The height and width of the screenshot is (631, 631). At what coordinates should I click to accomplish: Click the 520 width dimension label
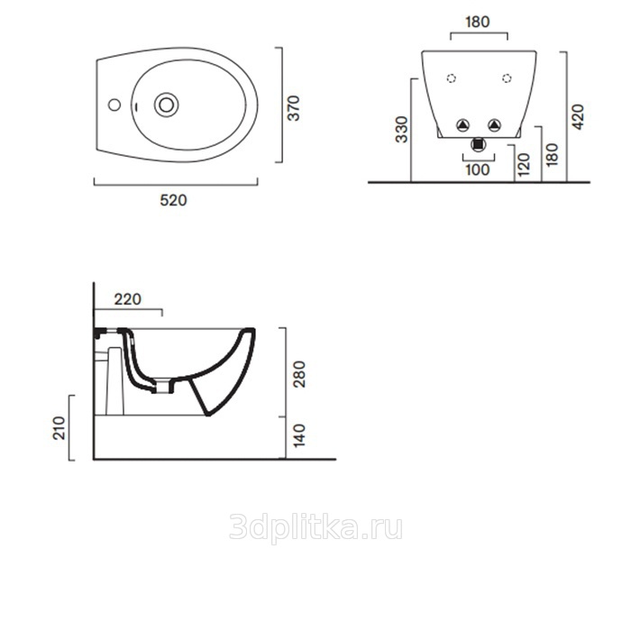pos(173,200)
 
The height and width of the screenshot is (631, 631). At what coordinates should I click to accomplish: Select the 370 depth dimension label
pos(294,108)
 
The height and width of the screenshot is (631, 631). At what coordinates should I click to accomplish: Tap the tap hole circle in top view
pos(114,105)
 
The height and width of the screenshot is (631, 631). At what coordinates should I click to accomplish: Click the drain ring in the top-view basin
pos(166,105)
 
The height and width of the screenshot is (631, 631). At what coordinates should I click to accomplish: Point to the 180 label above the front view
pos(478,23)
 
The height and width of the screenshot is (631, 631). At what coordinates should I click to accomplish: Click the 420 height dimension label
pos(578,116)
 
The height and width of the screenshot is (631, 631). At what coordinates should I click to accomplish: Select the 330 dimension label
pos(402,129)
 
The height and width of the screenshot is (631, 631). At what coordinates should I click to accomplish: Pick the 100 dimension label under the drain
pos(478,169)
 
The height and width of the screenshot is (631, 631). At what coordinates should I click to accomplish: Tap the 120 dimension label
pos(524,165)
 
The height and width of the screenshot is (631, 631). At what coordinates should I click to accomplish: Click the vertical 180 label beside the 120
pos(552,154)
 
